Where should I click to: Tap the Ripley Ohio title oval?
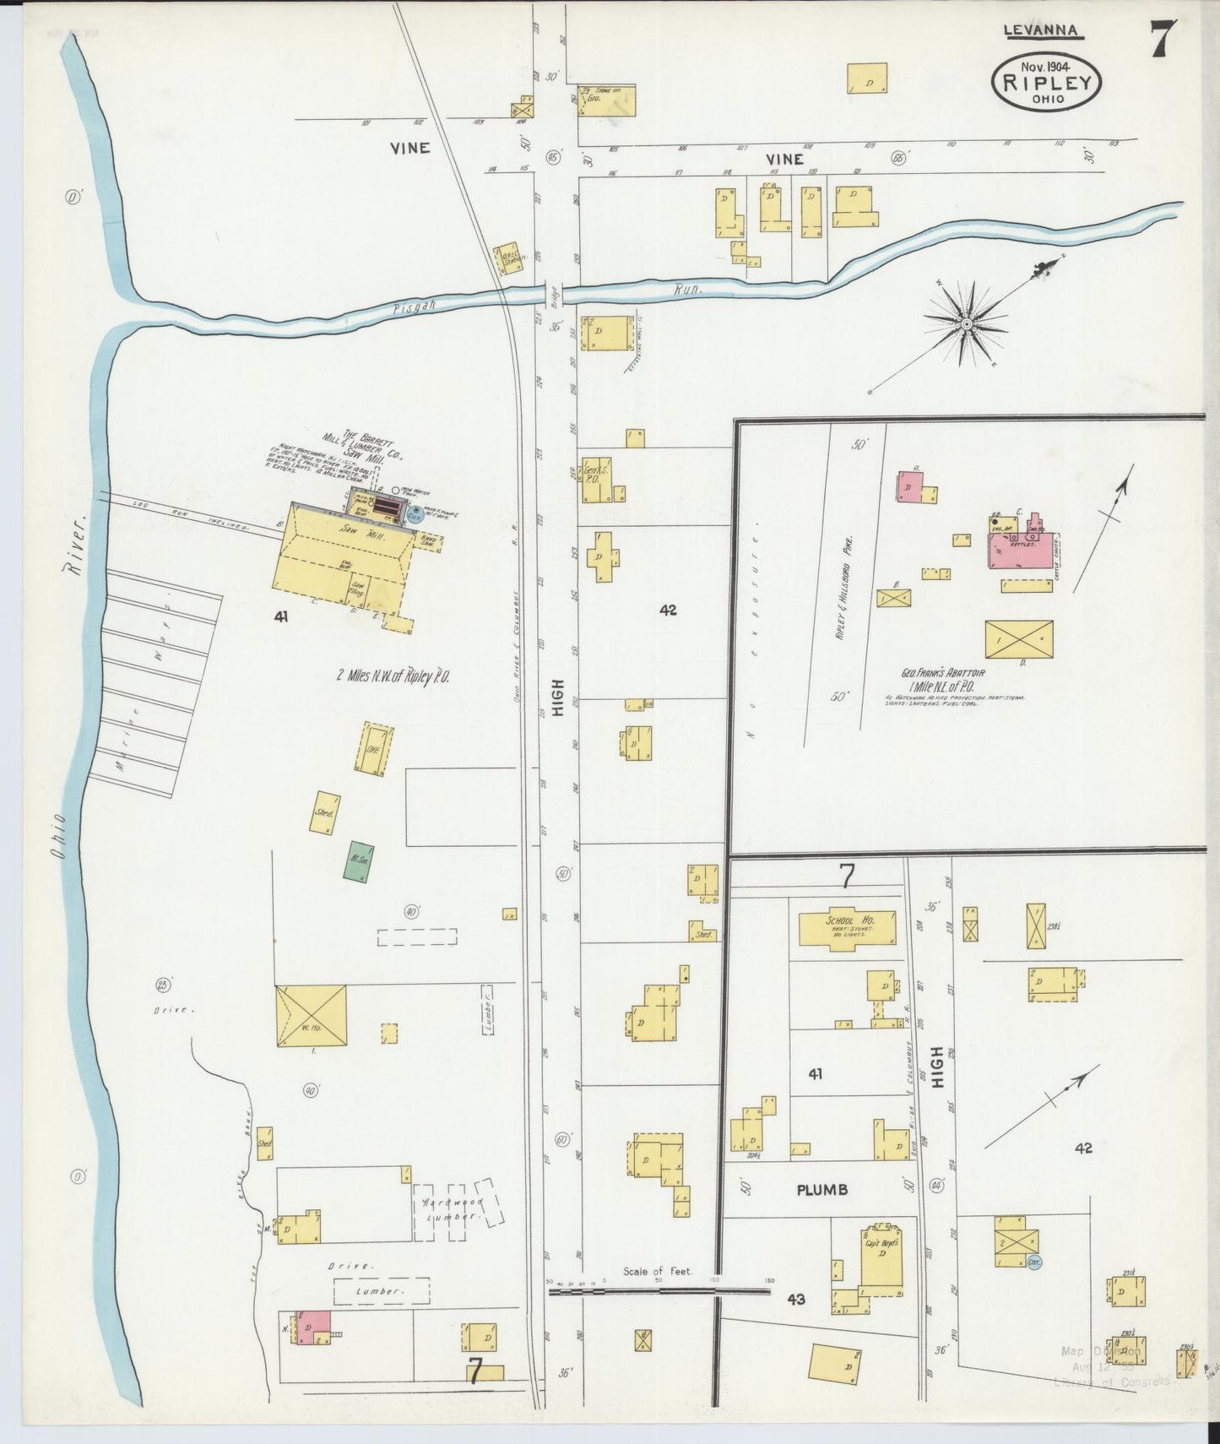click(1048, 83)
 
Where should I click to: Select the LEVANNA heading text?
click(1041, 30)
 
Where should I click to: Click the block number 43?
click(795, 1299)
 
